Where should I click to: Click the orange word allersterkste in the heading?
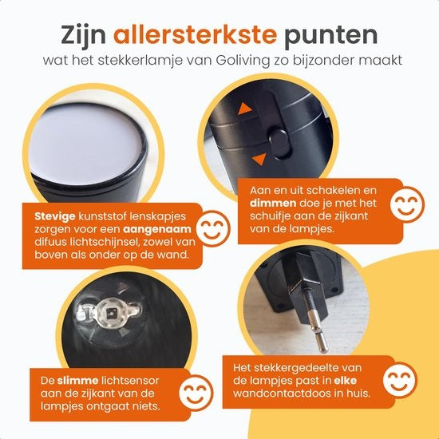195,35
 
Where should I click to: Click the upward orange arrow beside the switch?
244,109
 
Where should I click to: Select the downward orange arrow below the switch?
259,159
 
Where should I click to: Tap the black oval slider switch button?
280,144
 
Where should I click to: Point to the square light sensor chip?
112,313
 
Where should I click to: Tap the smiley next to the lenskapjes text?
213,228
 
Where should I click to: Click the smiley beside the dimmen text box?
407,204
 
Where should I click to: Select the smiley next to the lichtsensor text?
196,393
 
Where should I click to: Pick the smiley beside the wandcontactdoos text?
400,380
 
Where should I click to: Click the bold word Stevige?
55,216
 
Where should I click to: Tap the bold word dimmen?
273,204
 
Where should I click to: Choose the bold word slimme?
78,381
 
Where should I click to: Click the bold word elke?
346,381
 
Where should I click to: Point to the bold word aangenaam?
157,230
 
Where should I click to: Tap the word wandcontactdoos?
282,394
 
